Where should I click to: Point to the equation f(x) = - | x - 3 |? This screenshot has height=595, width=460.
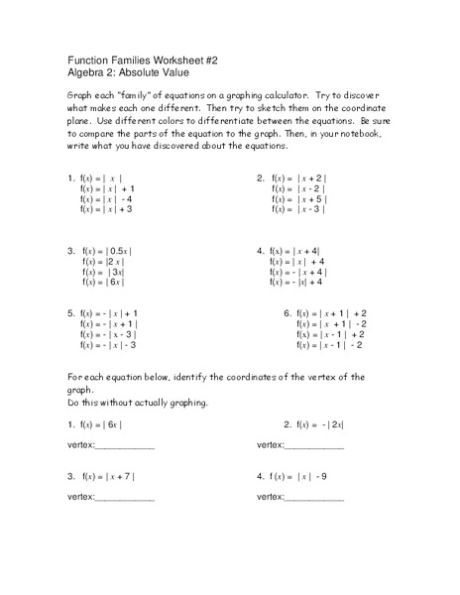[108, 334]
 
